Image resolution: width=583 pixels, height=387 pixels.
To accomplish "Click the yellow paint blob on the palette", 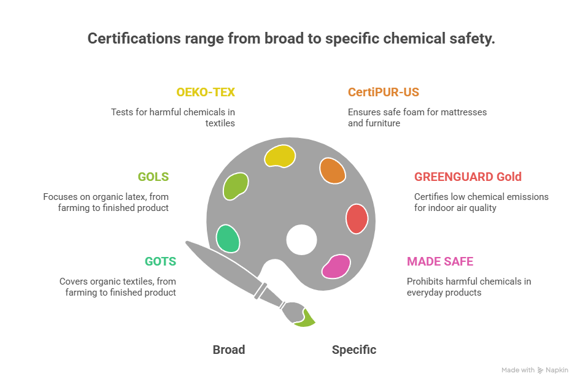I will pyautogui.click(x=280, y=156).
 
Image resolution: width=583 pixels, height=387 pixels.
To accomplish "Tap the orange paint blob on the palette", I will pyautogui.click(x=333, y=171).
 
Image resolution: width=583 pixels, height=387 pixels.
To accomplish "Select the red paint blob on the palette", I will pyautogui.click(x=357, y=218).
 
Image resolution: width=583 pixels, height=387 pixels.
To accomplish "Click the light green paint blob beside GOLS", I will pyautogui.click(x=236, y=186).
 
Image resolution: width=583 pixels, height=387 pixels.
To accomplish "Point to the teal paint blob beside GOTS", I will pyautogui.click(x=228, y=239).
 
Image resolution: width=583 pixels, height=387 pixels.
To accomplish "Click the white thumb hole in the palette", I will pyautogui.click(x=301, y=240).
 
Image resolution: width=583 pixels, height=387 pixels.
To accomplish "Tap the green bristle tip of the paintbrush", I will pyautogui.click(x=305, y=316).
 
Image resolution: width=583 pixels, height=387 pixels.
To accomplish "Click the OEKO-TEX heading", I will pyautogui.click(x=206, y=93).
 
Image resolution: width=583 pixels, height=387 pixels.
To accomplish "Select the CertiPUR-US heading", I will pyautogui.click(x=384, y=93).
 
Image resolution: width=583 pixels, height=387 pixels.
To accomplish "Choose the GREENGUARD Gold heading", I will pyautogui.click(x=468, y=177).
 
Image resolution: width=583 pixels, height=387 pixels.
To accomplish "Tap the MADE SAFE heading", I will pyautogui.click(x=440, y=261).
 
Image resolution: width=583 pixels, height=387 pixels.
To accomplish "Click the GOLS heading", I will pyautogui.click(x=153, y=177).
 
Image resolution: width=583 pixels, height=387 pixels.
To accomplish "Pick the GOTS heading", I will pyautogui.click(x=160, y=261).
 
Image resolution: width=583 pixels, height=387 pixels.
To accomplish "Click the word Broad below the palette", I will pyautogui.click(x=229, y=350).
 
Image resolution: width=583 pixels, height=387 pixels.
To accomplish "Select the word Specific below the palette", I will pyautogui.click(x=354, y=350).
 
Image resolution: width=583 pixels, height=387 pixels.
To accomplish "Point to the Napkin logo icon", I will pyautogui.click(x=541, y=370).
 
